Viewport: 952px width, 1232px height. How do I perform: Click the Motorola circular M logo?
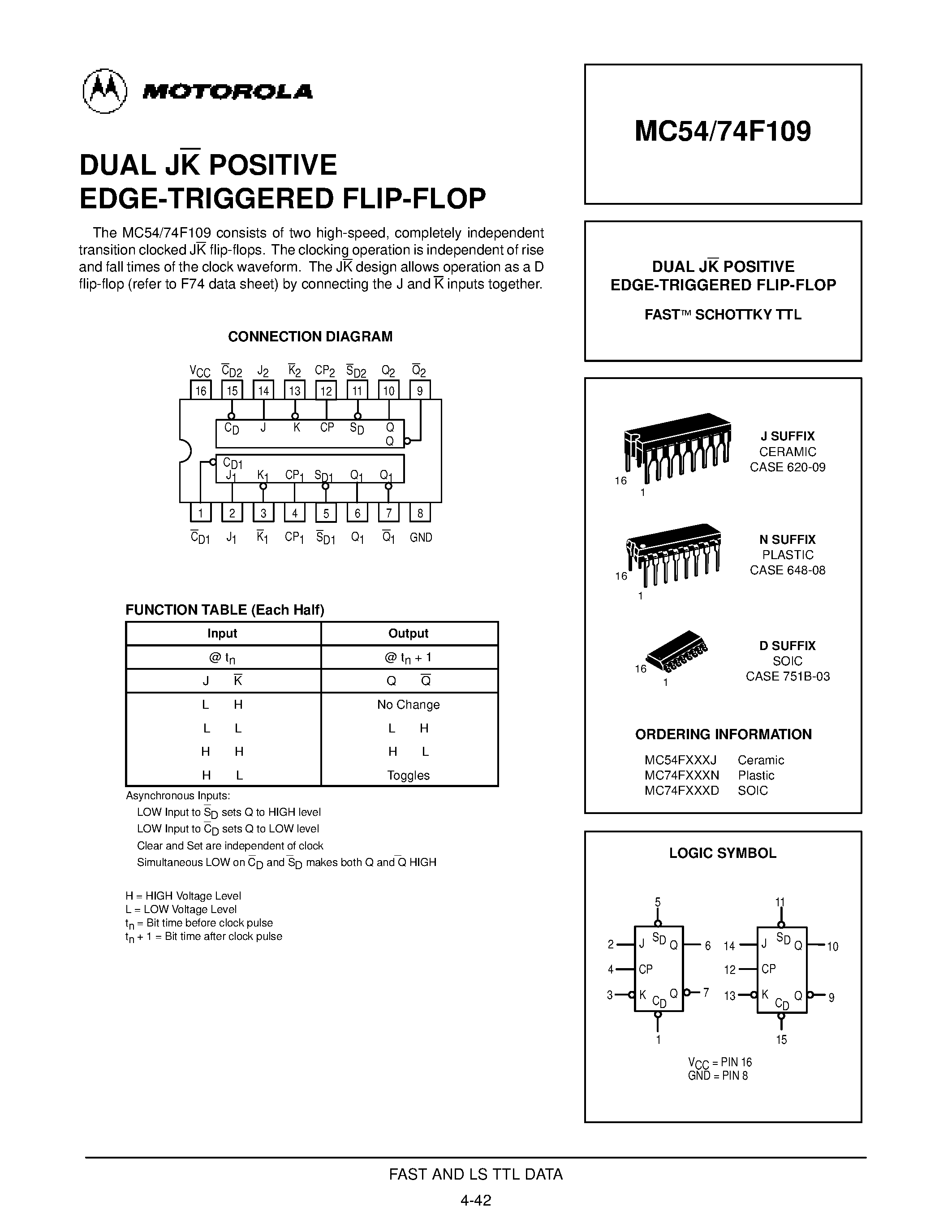[x=105, y=91]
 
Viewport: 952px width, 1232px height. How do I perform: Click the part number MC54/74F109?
[x=723, y=131]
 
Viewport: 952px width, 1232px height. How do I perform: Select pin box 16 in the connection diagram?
[x=201, y=390]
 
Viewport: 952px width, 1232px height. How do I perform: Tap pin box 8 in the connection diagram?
[x=420, y=513]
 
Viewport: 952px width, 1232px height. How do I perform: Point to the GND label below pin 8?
[x=421, y=538]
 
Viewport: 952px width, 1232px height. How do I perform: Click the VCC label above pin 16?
[x=200, y=371]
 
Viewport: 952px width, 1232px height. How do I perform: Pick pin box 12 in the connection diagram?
[x=326, y=390]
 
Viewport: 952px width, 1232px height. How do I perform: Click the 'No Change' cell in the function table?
[x=408, y=705]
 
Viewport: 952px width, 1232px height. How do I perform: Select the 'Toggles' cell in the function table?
[x=408, y=775]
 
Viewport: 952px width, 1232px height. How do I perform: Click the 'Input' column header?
[x=222, y=633]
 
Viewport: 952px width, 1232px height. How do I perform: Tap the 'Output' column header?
[x=408, y=633]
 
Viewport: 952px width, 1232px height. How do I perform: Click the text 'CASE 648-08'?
[x=787, y=570]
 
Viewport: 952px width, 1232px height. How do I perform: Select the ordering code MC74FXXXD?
[x=682, y=791]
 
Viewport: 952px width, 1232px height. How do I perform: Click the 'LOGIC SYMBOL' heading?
[x=723, y=853]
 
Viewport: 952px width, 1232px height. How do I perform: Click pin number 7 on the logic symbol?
[x=706, y=992]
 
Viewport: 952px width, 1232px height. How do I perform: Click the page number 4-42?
[x=476, y=1200]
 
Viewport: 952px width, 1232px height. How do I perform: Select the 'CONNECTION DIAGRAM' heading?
[x=310, y=337]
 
